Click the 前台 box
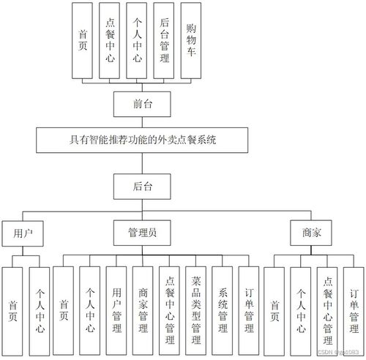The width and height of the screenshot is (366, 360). click(x=143, y=105)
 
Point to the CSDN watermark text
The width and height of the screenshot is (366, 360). click(x=334, y=353)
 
